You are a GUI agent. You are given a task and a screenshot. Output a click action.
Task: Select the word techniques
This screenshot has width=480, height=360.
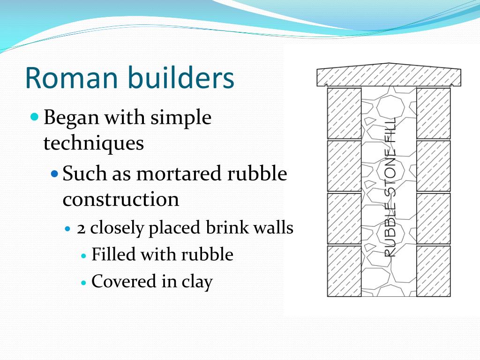93,143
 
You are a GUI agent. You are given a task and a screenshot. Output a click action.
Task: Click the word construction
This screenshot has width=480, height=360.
120,199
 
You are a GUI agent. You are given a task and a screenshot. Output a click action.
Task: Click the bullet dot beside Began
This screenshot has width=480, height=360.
34,116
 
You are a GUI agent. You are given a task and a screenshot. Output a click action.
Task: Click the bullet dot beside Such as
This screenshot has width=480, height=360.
54,173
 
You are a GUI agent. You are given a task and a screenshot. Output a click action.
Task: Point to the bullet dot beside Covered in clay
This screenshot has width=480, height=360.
84,283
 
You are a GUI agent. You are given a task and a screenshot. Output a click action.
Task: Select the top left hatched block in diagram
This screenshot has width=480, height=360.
344,113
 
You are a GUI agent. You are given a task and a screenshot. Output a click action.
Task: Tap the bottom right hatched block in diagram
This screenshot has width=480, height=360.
433,271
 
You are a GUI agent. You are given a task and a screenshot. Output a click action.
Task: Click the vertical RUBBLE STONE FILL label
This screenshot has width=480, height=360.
390,187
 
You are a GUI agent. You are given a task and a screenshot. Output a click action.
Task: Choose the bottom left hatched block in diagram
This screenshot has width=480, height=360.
344,271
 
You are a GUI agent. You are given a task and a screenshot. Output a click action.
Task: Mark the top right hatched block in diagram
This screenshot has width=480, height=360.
433,113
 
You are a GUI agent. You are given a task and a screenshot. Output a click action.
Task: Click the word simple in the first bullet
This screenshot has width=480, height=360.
180,118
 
